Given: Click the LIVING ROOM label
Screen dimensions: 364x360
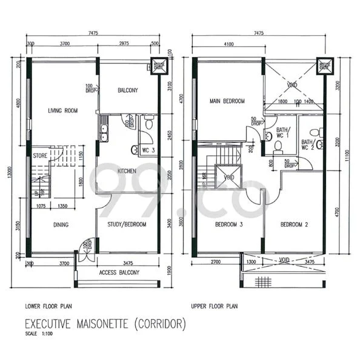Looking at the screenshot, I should click(64, 110).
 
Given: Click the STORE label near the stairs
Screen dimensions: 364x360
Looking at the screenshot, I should click(41, 155).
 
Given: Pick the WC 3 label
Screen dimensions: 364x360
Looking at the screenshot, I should click(148, 149).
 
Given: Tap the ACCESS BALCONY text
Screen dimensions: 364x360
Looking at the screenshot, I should click(119, 272).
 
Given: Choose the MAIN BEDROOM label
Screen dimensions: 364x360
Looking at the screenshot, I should click(227, 101).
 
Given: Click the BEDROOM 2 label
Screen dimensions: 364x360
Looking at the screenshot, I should click(295, 224).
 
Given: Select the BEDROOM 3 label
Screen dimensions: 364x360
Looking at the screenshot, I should click(229, 224).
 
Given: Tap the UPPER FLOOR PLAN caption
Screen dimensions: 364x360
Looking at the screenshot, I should click(216, 306).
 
